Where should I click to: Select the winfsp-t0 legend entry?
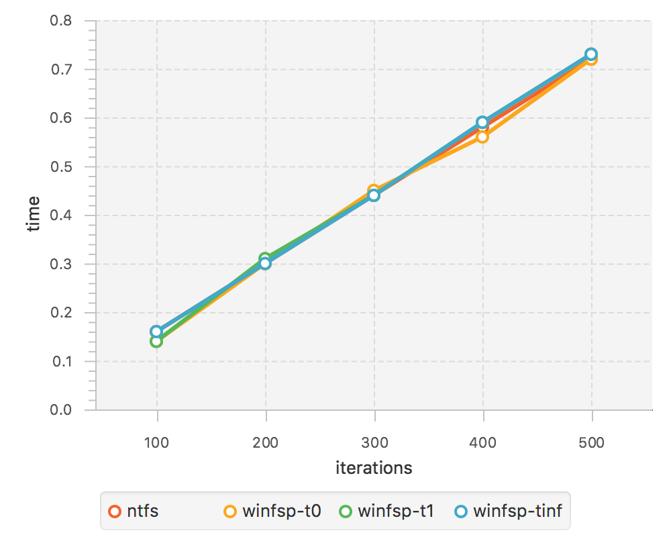pos(272,511)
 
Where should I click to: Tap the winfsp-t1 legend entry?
pos(387,511)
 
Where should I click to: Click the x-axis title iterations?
pos(374,468)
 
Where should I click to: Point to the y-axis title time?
pos(33,215)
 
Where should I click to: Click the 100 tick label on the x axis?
pos(157,443)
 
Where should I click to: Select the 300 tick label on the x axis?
pos(374,443)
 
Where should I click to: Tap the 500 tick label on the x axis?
pos(591,443)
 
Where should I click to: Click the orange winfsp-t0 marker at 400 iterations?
pos(482,137)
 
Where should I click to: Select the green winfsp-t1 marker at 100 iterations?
pos(156,341)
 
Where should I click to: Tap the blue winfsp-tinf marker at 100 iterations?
pos(156,331)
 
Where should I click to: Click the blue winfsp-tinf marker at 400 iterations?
pos(482,122)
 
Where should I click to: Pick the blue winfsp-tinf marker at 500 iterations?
pos(591,54)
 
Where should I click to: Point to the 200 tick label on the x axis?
pos(266,443)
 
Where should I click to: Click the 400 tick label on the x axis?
pos(482,443)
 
